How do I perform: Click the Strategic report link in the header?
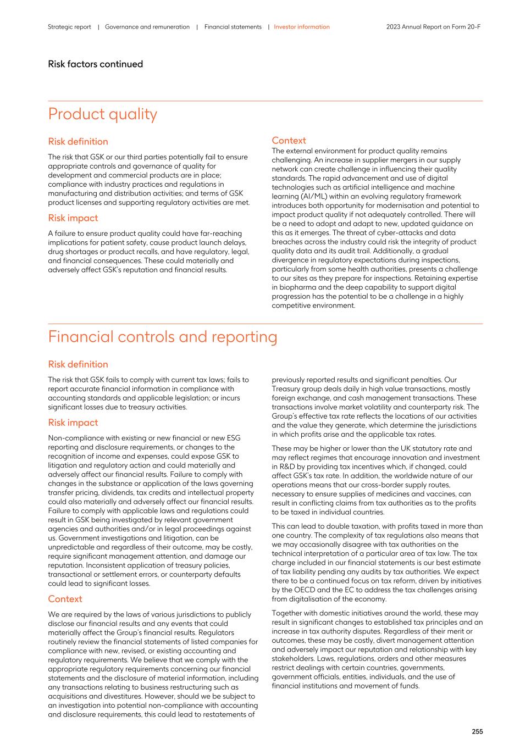69,27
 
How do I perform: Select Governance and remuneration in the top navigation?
147,27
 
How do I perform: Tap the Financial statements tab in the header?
233,27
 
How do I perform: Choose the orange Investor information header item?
302,27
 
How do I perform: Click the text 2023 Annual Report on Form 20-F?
433,27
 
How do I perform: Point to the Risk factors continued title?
95,64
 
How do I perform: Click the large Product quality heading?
102,114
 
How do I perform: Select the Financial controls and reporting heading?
162,337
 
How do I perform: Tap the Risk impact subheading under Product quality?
73,218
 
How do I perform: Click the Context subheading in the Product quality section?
289,141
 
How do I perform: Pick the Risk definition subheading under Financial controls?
78,364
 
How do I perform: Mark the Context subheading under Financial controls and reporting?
65,599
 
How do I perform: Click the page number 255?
477,731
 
